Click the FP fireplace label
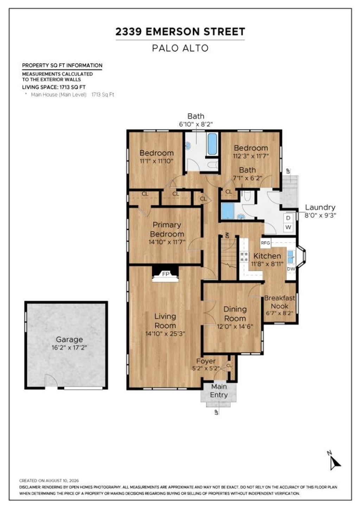(x=166, y=274)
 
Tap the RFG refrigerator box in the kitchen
(x=265, y=243)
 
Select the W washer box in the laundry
(x=288, y=227)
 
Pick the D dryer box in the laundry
(x=288, y=218)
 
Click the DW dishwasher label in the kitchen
(x=291, y=269)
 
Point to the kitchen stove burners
(x=244, y=257)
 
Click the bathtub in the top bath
(x=212, y=143)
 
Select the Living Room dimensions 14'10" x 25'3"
(x=165, y=334)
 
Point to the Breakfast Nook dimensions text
(x=279, y=313)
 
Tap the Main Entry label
(x=219, y=391)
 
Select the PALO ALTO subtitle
(x=180, y=48)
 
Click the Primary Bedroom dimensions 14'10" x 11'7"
(x=167, y=242)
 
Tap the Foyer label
(x=206, y=361)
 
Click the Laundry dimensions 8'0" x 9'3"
(x=320, y=215)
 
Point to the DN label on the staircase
(x=227, y=236)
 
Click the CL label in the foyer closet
(x=229, y=366)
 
